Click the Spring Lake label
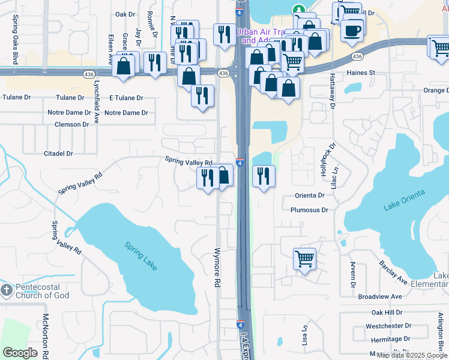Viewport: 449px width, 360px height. (x=140, y=255)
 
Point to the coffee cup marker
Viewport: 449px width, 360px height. (x=352, y=29)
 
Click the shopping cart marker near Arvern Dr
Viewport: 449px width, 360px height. (x=305, y=260)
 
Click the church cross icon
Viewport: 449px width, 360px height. (x=6, y=291)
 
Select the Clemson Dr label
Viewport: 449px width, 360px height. (x=71, y=124)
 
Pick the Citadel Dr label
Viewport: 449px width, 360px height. (x=58, y=154)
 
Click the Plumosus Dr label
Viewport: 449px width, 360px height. (x=309, y=210)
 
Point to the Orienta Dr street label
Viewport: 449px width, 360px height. (x=309, y=195)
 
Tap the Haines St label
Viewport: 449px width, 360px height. (x=360, y=73)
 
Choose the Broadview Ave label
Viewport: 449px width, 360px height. (x=379, y=296)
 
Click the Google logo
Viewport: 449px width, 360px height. (x=20, y=353)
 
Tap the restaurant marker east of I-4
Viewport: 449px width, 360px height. (x=264, y=176)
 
